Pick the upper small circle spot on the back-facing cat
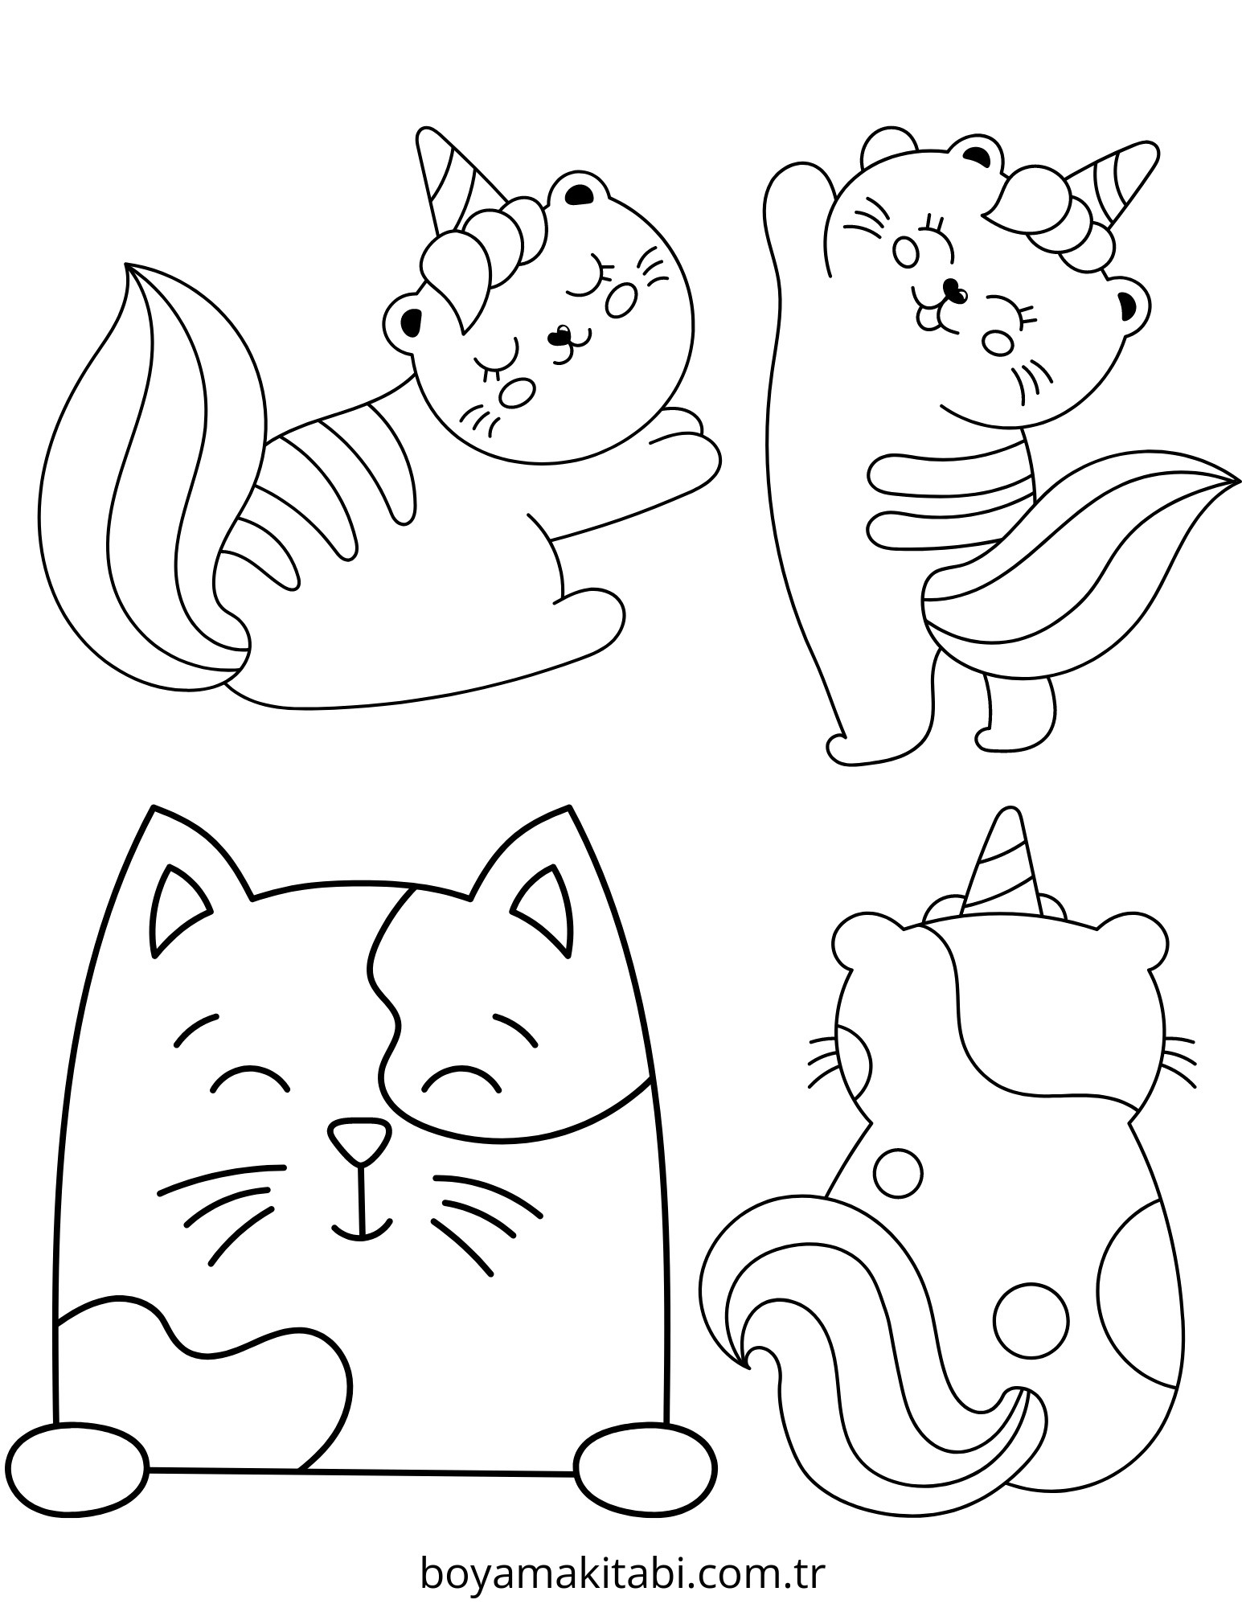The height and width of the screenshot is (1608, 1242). click(x=897, y=1175)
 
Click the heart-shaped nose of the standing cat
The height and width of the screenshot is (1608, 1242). click(x=953, y=289)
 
